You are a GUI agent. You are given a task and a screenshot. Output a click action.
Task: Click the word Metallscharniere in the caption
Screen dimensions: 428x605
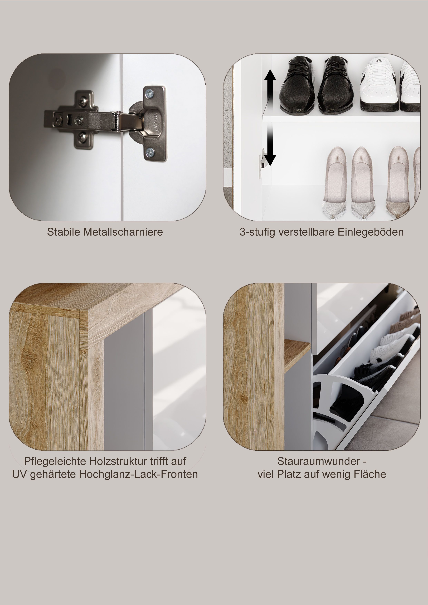click(123, 232)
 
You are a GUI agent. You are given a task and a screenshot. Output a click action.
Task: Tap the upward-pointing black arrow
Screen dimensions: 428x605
click(270, 87)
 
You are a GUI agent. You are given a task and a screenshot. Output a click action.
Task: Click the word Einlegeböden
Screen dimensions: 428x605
click(371, 232)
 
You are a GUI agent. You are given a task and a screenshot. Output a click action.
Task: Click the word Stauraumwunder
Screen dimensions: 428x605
click(319, 461)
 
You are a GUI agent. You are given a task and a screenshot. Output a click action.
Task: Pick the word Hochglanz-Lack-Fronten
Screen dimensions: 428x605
click(139, 474)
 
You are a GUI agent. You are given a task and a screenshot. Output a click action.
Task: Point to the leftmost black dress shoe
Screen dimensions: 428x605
click(297, 85)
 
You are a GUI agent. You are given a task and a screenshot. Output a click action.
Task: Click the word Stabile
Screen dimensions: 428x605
click(64, 232)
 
